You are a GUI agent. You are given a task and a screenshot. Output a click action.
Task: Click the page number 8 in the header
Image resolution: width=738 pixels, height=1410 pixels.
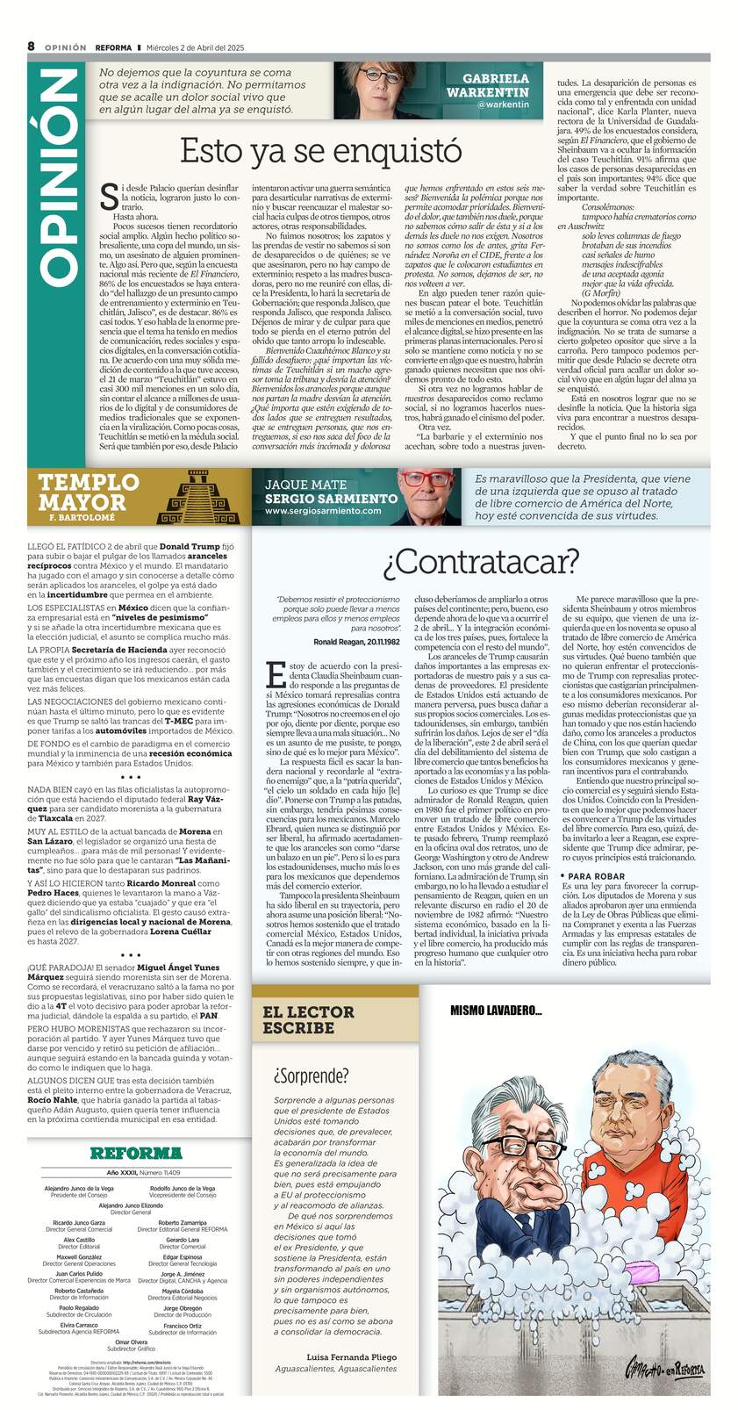[31, 47]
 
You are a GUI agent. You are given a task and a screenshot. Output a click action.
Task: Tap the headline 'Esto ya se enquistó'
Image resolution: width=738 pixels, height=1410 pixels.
[320, 151]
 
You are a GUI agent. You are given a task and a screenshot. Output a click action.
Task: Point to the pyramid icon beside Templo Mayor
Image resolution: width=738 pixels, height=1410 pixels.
[195, 498]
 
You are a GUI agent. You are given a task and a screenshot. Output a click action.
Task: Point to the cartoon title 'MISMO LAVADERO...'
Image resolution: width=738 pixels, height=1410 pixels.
[495, 1011]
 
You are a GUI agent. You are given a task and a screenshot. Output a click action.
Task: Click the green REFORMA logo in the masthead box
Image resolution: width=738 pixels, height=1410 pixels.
[135, 1153]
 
